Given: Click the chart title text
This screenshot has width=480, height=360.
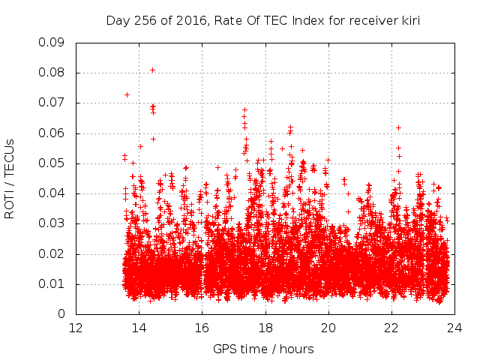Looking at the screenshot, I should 262,20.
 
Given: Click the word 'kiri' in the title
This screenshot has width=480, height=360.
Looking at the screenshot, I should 409,20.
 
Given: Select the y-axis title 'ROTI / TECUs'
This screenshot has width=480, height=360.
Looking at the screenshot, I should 10,178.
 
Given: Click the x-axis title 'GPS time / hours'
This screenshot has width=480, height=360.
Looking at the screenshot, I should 263,349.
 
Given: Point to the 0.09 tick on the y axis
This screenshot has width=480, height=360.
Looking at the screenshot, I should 50,43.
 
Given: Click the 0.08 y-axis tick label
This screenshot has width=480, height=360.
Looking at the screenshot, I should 50,73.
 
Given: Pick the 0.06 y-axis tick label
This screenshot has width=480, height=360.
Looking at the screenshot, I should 50,133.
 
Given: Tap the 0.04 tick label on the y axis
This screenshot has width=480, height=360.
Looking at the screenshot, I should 50,193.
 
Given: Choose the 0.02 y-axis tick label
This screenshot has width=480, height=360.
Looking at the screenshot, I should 50,253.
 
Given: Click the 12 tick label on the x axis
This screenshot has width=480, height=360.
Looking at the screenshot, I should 76,328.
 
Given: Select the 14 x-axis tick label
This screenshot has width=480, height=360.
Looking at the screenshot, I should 139,328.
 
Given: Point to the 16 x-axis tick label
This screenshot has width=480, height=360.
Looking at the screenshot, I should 202,328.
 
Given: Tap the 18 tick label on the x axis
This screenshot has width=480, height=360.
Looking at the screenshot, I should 265,328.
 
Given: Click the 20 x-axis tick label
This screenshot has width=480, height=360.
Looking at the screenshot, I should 328,328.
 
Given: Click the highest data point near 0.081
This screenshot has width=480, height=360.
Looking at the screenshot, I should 152,70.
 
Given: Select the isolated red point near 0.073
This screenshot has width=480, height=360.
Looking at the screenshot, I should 127,94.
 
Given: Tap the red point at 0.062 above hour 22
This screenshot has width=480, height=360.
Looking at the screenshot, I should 398,127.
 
